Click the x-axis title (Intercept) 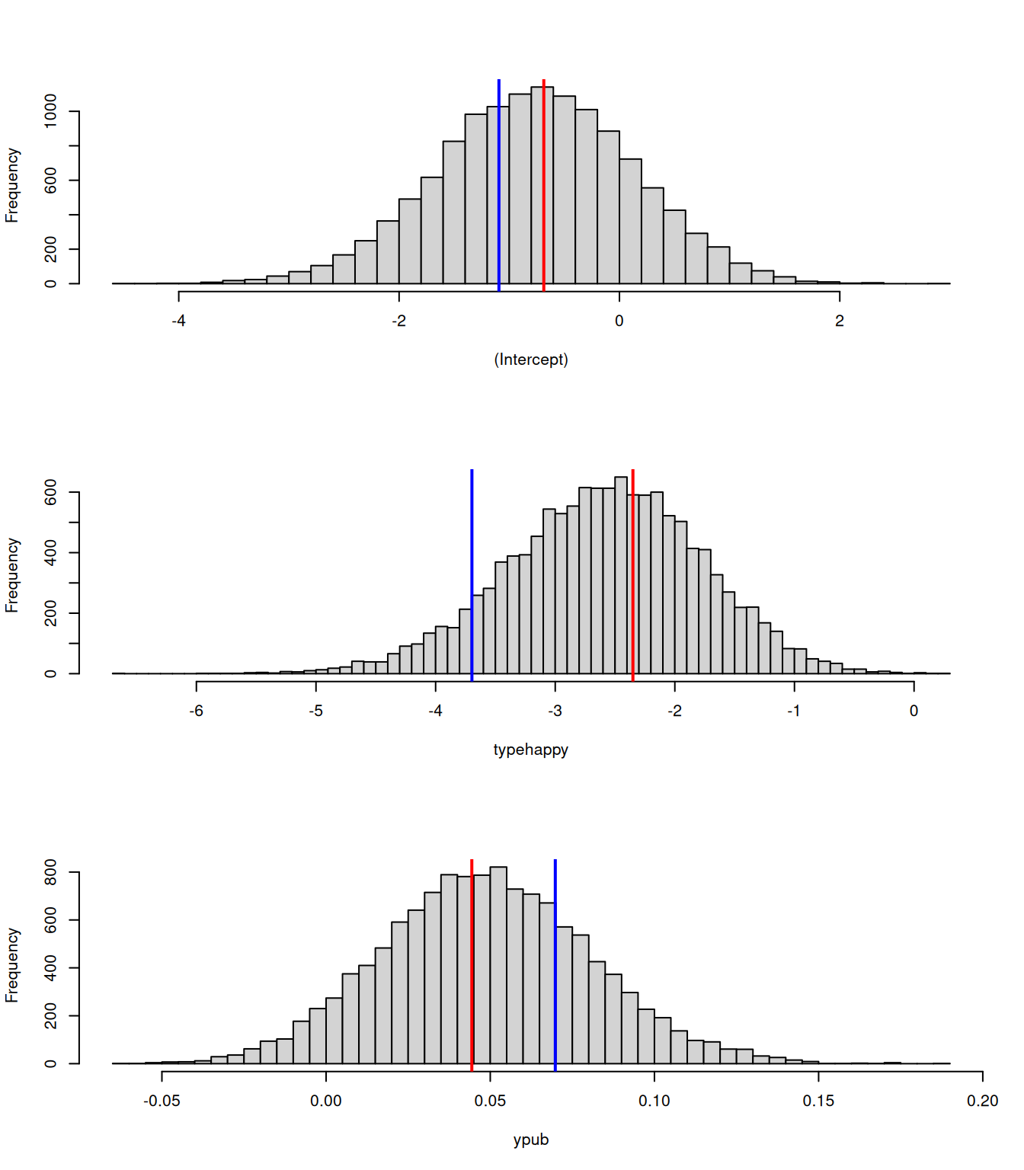point(531,360)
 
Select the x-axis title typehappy point(531,750)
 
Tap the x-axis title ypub point(531,1140)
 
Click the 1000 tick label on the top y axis point(50,111)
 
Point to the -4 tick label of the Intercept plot point(178,321)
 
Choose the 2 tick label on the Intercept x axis point(839,321)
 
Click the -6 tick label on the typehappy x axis point(196,711)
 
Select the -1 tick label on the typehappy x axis point(794,711)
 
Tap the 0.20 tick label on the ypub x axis point(982,1101)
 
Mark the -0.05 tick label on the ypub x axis point(162,1101)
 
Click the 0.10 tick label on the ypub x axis point(654,1101)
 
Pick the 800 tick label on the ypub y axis point(50,872)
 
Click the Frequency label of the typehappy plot point(12,575)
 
